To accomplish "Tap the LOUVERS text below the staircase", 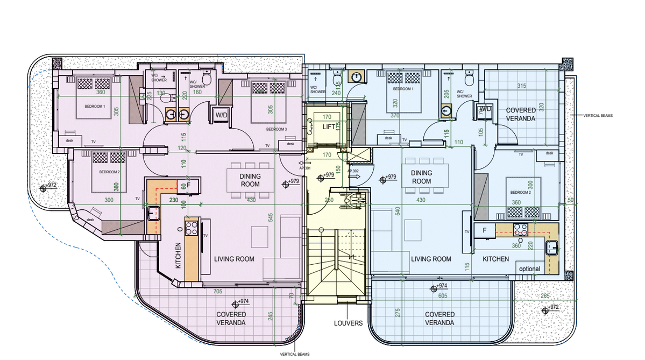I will point(347,323).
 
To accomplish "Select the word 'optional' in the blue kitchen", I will point(529,269).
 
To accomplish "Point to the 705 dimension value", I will point(218,292).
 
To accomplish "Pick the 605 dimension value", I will point(443,295).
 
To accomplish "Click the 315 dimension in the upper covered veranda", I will point(521,86).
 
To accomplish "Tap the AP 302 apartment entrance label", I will point(353,171).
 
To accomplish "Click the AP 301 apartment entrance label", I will point(304,168).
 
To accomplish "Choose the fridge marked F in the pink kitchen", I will point(192,186).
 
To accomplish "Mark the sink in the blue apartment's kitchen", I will point(551,248).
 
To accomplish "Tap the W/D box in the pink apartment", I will point(221,115).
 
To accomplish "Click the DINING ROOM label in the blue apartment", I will point(421,177).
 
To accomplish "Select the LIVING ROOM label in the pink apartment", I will point(234,259).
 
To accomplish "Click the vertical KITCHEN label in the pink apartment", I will point(178,255).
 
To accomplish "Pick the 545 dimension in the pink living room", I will point(271,217).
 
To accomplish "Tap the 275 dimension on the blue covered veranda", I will point(398,313).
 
